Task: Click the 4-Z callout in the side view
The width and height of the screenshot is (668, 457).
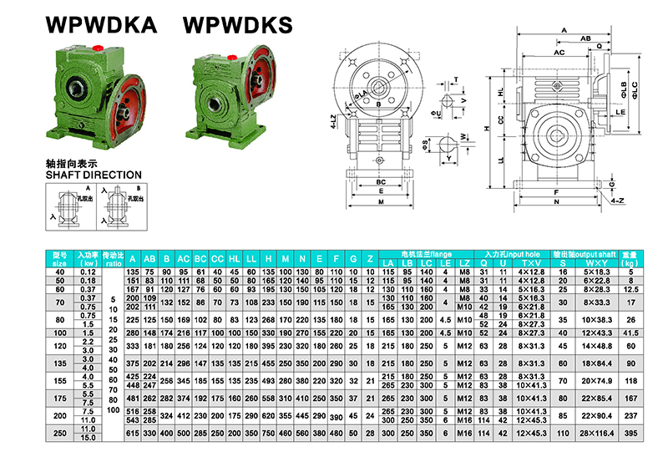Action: [x=616, y=201]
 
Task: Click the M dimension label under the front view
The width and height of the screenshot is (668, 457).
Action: [x=381, y=202]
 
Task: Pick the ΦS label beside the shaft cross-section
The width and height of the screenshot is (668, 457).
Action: [x=425, y=143]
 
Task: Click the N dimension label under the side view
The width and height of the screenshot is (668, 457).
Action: [x=555, y=201]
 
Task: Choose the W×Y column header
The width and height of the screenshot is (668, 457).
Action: [x=596, y=264]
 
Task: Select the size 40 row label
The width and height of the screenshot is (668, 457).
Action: [x=59, y=272]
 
